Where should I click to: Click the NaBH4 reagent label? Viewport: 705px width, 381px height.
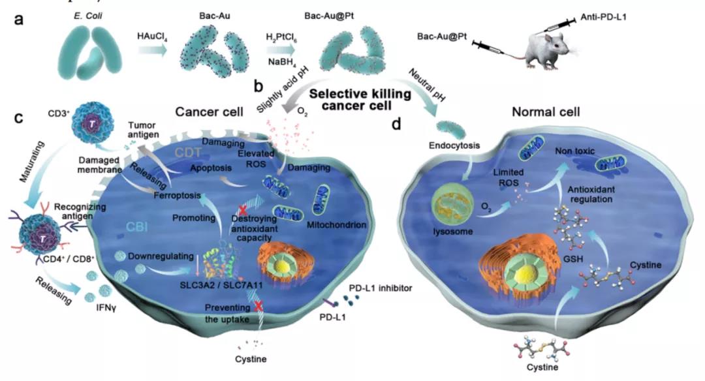279,60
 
